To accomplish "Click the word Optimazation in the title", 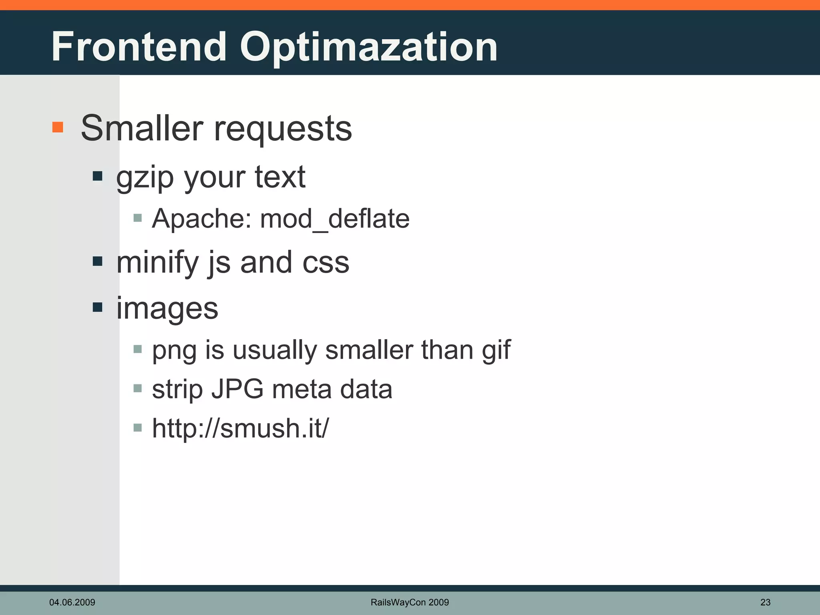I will pyautogui.click(x=368, y=48).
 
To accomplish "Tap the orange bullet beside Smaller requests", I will pyautogui.click(x=58, y=127).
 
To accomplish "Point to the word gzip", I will pyautogui.click(x=145, y=178).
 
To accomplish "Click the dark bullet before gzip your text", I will pyautogui.click(x=97, y=176).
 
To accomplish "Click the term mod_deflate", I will pyautogui.click(x=335, y=220).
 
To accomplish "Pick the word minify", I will pyautogui.click(x=157, y=263).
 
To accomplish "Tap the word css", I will pyautogui.click(x=326, y=263).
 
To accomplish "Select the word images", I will pyautogui.click(x=167, y=309).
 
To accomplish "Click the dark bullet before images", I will pyautogui.click(x=97, y=307).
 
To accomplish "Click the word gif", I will pyautogui.click(x=496, y=350).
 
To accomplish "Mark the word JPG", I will pyautogui.click(x=237, y=389).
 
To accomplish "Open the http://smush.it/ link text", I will pyautogui.click(x=240, y=428).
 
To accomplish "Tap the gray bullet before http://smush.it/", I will pyautogui.click(x=138, y=428).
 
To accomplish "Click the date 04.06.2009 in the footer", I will pyautogui.click(x=72, y=602).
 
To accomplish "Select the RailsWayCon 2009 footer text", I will pyautogui.click(x=410, y=602).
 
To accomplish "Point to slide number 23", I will pyautogui.click(x=765, y=602).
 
